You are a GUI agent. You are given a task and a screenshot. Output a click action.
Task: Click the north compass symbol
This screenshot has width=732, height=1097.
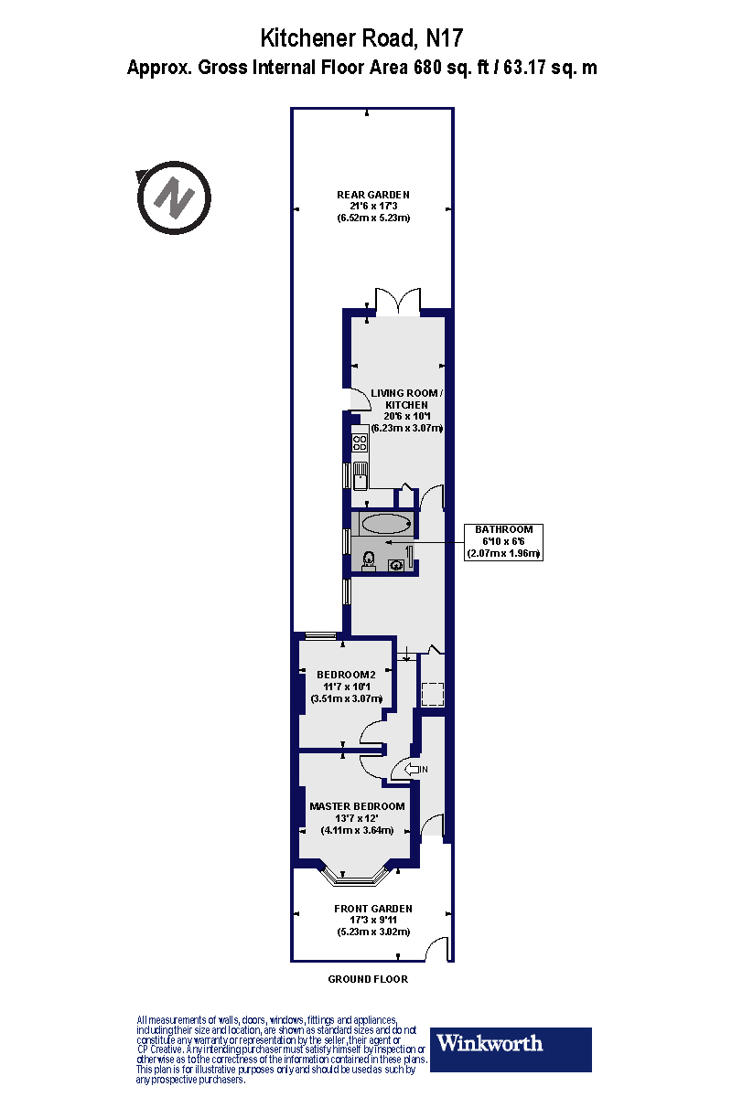174,197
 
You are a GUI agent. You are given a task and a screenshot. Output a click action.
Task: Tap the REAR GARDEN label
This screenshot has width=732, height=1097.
372,195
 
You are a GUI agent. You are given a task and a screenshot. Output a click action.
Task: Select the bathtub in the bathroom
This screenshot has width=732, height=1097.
385,524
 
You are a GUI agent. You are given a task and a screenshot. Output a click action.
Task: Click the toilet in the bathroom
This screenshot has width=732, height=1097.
368,560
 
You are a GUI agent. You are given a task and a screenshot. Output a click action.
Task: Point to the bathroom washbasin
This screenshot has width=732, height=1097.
397,564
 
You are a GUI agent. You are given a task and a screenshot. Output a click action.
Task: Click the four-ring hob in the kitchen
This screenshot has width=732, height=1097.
360,443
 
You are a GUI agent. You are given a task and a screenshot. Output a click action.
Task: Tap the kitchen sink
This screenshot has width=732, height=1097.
361,474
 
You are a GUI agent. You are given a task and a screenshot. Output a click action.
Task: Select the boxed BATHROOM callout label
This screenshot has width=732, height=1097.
504,541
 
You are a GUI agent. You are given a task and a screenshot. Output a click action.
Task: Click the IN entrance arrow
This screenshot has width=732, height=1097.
413,770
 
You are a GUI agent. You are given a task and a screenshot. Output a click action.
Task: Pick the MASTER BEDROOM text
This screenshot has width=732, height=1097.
357,806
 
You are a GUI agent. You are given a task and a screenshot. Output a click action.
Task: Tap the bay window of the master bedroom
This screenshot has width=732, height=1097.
356,879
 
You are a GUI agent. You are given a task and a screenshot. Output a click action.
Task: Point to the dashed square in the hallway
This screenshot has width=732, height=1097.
431,695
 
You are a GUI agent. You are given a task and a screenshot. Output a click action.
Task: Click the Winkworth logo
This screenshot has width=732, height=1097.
511,1049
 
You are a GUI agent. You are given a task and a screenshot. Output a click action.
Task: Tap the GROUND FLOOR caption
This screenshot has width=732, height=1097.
368,979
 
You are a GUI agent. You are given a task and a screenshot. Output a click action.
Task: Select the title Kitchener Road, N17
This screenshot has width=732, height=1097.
362,38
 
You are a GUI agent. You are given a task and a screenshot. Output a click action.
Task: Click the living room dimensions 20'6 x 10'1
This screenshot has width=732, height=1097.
406,416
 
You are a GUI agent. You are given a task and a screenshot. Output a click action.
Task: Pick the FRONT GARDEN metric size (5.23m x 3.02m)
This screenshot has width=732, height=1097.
372,932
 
